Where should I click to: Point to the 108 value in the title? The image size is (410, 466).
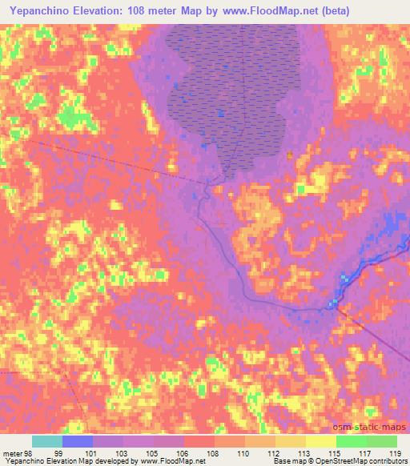pyautogui.click(x=149, y=9)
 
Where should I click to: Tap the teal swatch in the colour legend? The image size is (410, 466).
pyautogui.click(x=47, y=441)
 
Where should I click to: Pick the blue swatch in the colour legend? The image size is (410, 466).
pyautogui.click(x=78, y=441)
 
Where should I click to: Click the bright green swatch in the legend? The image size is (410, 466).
pyautogui.click(x=352, y=441)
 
